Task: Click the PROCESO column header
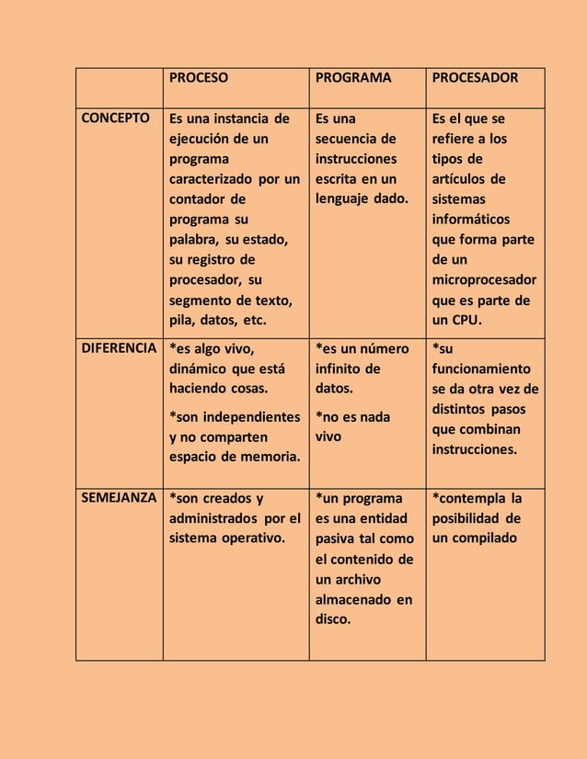pos(198,78)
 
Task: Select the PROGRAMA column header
pos(353,78)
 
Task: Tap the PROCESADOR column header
pos(476,78)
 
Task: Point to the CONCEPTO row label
pos(117,119)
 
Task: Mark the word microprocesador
pos(485,280)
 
